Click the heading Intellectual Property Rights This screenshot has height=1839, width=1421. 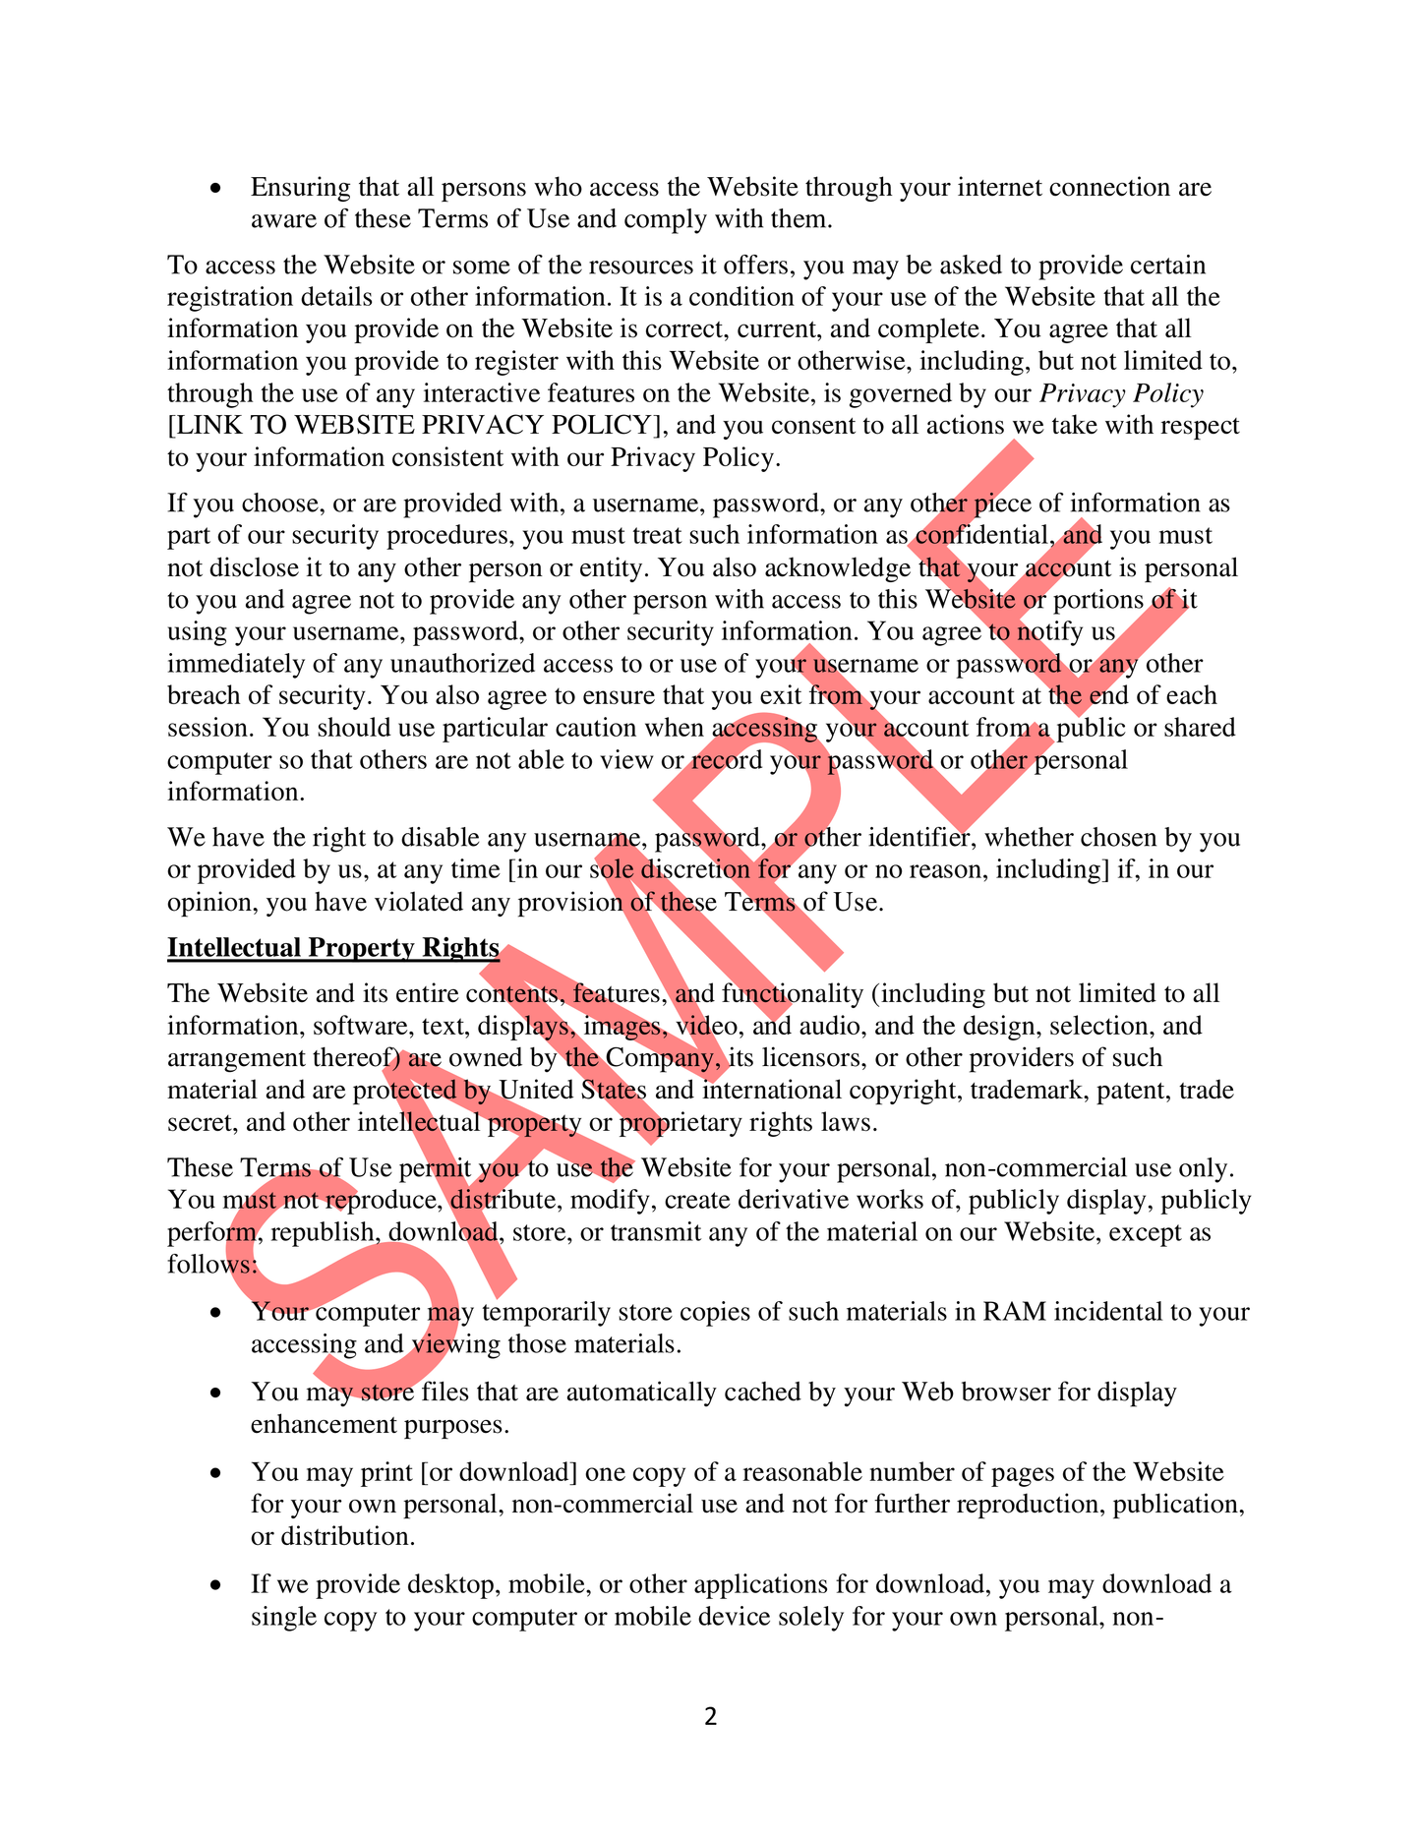pos(333,947)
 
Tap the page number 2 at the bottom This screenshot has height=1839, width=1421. pos(711,1716)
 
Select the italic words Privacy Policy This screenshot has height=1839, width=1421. pos(1121,393)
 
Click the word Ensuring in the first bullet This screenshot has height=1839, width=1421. pos(301,187)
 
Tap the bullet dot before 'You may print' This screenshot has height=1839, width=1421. pos(216,1473)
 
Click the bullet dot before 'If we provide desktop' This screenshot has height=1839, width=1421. pos(216,1585)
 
